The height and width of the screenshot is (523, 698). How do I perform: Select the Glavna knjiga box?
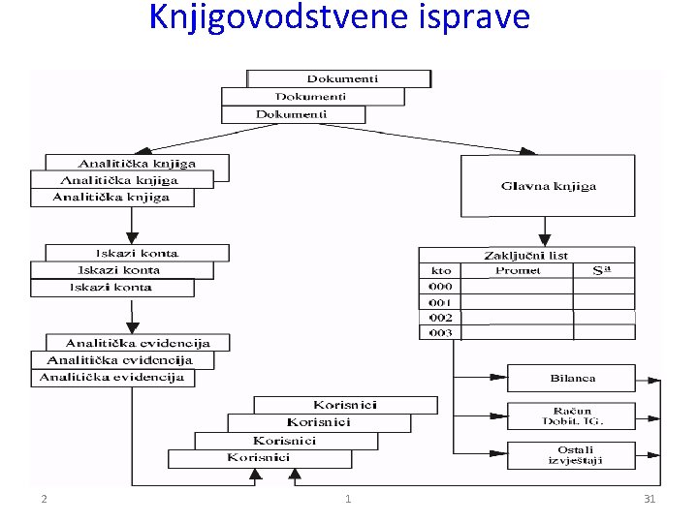pos(547,185)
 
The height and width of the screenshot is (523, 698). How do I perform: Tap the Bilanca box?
pos(571,378)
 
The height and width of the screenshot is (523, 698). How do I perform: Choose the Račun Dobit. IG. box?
pos(571,415)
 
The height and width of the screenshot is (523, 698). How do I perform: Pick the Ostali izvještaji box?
pos(571,454)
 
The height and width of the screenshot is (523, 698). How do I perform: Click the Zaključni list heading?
pos(525,256)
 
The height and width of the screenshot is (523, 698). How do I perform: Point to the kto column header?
pos(439,270)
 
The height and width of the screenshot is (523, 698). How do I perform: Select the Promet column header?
pos(518,270)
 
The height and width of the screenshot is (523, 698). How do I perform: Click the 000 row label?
pos(440,287)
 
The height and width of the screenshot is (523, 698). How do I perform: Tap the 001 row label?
pos(440,302)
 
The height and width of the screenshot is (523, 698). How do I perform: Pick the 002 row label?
pos(440,317)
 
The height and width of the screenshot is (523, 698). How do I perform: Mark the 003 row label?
pos(440,332)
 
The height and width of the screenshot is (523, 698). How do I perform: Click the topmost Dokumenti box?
pos(340,78)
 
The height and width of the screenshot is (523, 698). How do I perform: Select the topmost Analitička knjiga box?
pos(137,164)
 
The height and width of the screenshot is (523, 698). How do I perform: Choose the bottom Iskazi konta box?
pos(111,288)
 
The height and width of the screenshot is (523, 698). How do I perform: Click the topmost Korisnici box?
pos(345,405)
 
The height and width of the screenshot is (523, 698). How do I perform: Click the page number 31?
pos(650,499)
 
